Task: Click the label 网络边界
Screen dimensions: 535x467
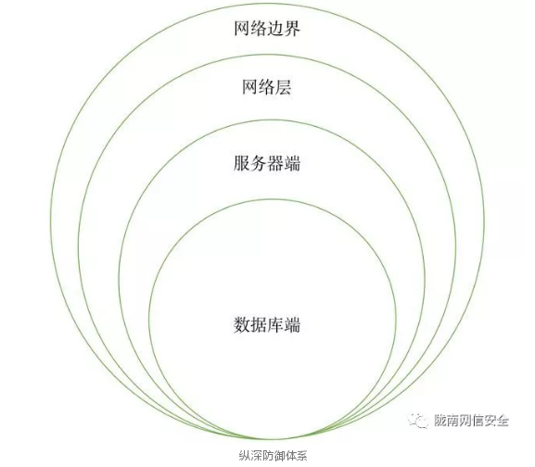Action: [267, 28]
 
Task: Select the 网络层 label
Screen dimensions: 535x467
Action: [267, 87]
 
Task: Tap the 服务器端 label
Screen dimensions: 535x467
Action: [267, 163]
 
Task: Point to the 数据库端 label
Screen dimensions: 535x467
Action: [267, 324]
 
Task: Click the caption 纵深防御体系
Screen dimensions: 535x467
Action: [273, 455]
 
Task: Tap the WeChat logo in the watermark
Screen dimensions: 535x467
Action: [418, 421]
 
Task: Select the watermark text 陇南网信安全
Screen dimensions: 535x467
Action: [471, 421]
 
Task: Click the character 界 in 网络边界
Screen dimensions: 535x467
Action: [292, 28]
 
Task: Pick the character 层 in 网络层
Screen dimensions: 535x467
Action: [284, 87]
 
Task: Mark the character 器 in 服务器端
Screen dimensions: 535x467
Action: [275, 163]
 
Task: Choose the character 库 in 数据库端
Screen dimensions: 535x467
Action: [275, 324]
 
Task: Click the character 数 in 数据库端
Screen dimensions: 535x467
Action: [242, 324]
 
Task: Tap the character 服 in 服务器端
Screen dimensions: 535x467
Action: [242, 163]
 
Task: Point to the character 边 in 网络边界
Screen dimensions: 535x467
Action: [275, 28]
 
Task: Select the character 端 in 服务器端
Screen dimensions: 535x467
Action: [292, 163]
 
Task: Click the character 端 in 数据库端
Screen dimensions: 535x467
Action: [292, 324]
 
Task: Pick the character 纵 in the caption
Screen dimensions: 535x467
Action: [244, 455]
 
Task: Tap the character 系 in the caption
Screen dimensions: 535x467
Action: [302, 455]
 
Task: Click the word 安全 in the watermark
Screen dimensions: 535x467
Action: [496, 421]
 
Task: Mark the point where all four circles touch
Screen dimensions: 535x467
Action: [272, 438]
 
